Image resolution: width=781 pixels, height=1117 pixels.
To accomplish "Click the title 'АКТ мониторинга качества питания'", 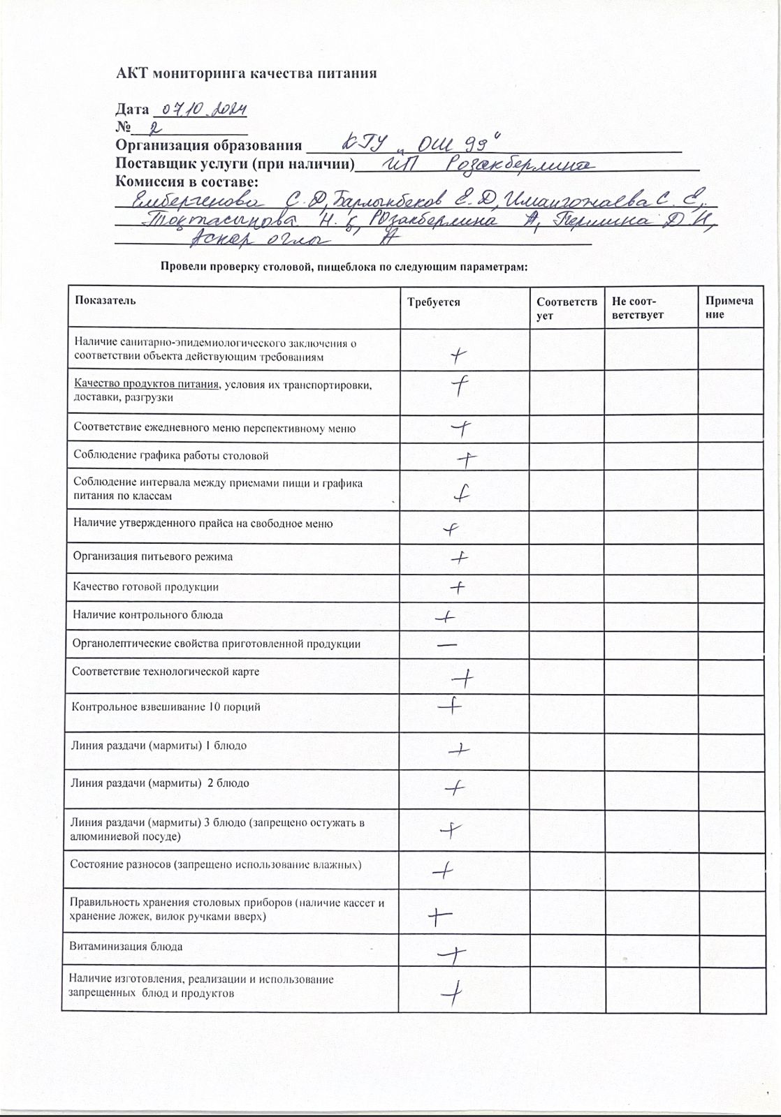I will click(x=246, y=73).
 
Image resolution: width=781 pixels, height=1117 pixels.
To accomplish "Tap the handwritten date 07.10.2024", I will click(x=205, y=110).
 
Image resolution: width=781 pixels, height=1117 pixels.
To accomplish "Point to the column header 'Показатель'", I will click(x=105, y=300).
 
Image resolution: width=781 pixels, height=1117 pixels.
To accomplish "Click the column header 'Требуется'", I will click(x=434, y=302).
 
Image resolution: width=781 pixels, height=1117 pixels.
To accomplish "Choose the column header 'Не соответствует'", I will click(x=637, y=308).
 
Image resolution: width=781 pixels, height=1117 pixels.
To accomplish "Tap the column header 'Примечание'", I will click(x=729, y=308).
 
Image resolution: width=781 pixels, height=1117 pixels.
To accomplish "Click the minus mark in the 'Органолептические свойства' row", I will click(x=447, y=644).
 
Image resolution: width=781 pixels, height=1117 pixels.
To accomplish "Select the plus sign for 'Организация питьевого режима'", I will click(x=459, y=558).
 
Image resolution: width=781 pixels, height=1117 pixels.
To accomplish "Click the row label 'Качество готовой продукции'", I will click(x=146, y=587).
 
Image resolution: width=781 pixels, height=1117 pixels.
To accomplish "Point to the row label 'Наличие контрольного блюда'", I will click(x=148, y=615).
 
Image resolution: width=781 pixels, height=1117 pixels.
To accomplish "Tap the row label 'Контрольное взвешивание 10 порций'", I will click(x=166, y=707).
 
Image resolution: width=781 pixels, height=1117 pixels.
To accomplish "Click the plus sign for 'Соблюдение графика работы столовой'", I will click(x=467, y=459).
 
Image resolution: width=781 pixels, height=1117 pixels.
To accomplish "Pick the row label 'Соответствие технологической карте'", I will click(x=166, y=672).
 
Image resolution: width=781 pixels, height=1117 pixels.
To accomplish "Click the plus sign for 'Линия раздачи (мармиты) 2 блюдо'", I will click(x=454, y=789).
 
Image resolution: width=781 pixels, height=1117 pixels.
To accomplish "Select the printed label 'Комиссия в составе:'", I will click(x=187, y=182).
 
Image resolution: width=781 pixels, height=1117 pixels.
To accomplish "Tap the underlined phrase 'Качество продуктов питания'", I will click(x=147, y=384).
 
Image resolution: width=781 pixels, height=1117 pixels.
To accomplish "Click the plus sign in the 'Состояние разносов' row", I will click(x=444, y=871).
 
